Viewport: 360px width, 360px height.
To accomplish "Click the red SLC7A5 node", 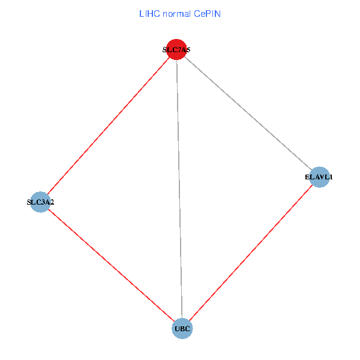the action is tap(176, 50).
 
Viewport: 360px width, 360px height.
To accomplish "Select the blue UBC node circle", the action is tap(182, 328).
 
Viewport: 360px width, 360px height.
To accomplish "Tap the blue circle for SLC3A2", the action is tap(40, 202).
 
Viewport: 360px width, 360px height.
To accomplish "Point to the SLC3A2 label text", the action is tap(40, 202).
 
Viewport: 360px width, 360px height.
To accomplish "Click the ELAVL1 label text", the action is tap(319, 178).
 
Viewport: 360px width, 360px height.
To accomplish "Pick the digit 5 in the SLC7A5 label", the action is tap(188, 50).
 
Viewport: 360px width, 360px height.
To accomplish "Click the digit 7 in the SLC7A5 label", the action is tap(179, 50).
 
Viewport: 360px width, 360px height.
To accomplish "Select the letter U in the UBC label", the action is tap(177, 329).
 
